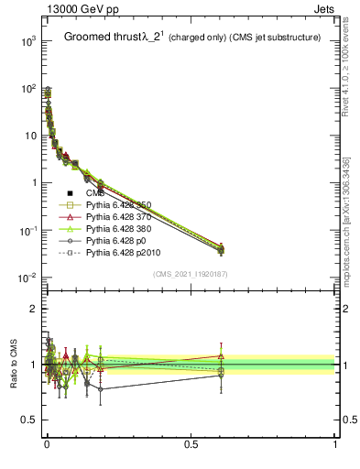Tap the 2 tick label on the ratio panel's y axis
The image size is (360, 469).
35,309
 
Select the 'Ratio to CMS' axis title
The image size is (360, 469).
14,365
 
